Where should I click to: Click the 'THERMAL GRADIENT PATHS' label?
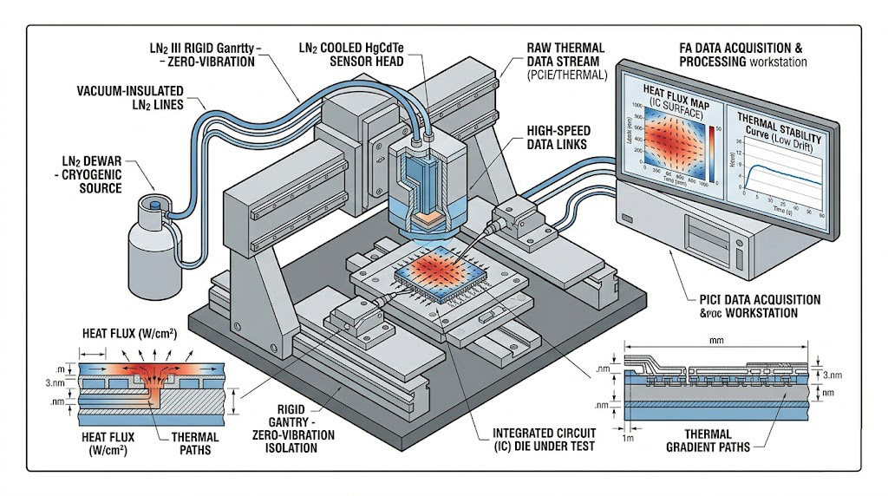click(715, 440)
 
